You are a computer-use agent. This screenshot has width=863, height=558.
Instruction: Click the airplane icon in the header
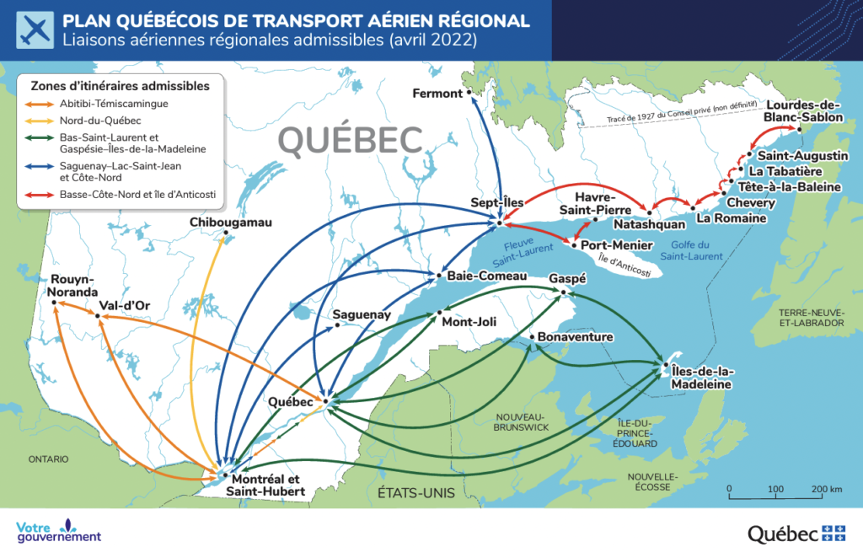pyautogui.click(x=32, y=30)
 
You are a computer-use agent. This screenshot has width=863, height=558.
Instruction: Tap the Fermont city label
pyautogui.click(x=437, y=94)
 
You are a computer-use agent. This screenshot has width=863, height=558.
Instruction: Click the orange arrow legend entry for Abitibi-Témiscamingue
pyautogui.click(x=40, y=104)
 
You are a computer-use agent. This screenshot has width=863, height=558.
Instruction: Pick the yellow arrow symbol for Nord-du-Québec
pyautogui.click(x=40, y=121)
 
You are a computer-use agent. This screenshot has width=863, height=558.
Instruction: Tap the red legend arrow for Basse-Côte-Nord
pyautogui.click(x=40, y=195)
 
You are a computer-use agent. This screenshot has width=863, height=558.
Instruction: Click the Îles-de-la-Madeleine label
pyautogui.click(x=703, y=378)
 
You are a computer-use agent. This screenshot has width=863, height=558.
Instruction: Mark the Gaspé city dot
pyautogui.click(x=564, y=292)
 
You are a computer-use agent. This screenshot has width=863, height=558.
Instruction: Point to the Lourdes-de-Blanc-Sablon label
pyautogui.click(x=803, y=111)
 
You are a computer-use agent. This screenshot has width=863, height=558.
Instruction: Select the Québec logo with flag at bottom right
pyautogui.click(x=796, y=533)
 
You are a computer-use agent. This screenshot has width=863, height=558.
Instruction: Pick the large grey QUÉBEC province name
pyautogui.click(x=350, y=141)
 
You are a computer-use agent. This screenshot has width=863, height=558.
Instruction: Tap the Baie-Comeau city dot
pyautogui.click(x=438, y=276)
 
